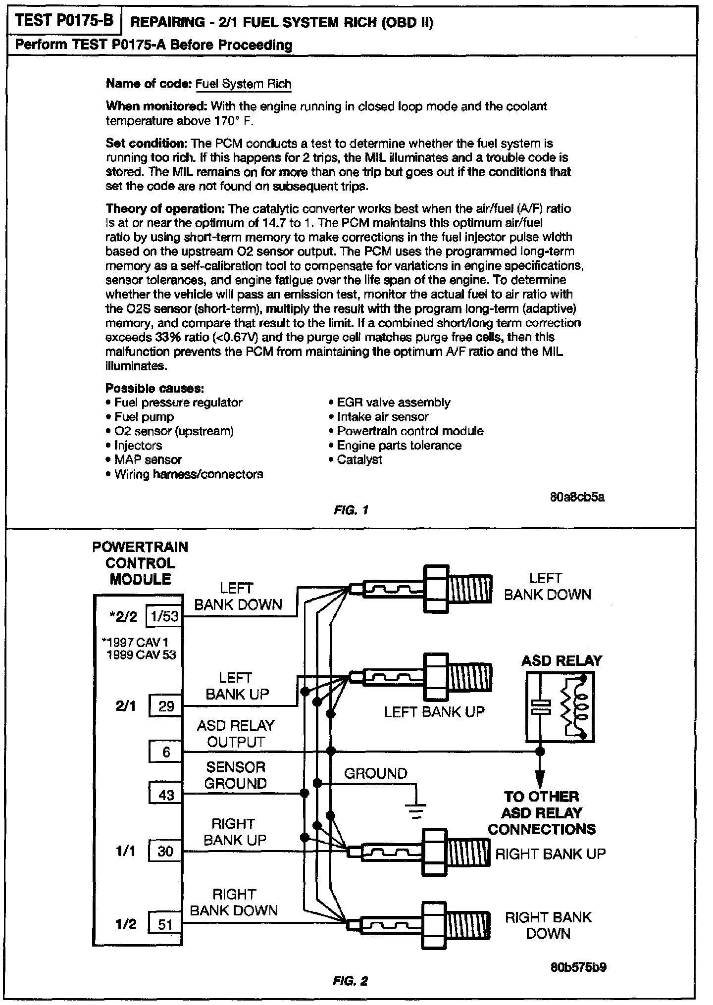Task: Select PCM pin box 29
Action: click(166, 706)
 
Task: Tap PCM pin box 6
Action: click(166, 752)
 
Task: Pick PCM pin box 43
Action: click(166, 795)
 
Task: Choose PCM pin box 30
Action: click(165, 851)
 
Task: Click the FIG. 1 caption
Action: click(351, 509)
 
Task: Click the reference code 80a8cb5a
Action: click(577, 497)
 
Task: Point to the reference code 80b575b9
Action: click(578, 966)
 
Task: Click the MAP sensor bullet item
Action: click(148, 459)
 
